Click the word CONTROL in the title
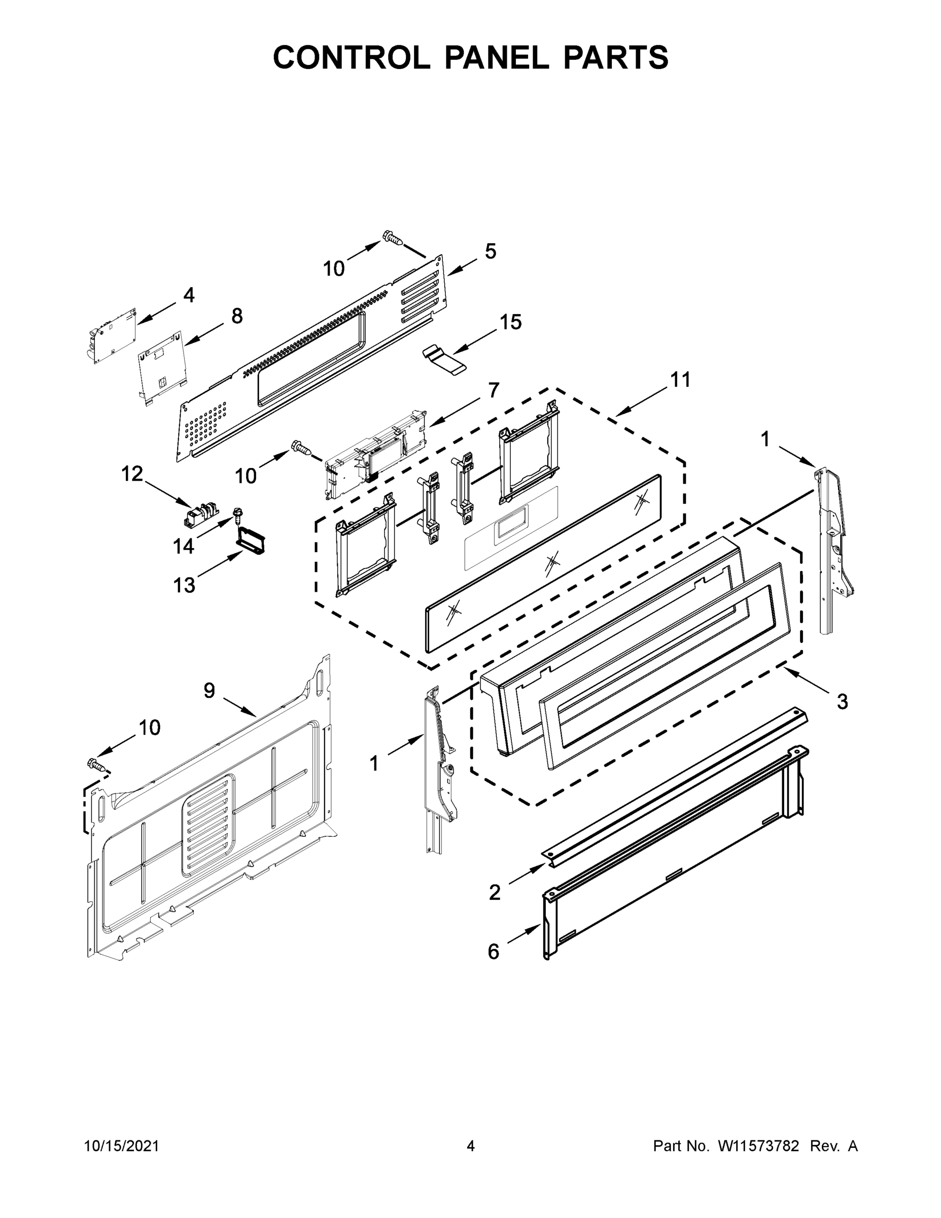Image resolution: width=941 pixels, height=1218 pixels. [351, 57]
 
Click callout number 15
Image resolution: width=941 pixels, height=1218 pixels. [510, 322]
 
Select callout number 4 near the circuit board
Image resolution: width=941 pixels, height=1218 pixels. [189, 295]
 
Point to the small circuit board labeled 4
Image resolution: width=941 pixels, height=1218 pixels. [113, 336]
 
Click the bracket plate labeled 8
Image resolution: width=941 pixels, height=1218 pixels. [162, 366]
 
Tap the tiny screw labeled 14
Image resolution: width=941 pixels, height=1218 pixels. [237, 513]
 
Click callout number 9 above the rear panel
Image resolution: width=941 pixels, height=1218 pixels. [208, 690]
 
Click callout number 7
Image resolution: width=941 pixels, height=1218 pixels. [494, 390]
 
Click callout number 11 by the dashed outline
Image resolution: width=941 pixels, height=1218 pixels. [680, 379]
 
